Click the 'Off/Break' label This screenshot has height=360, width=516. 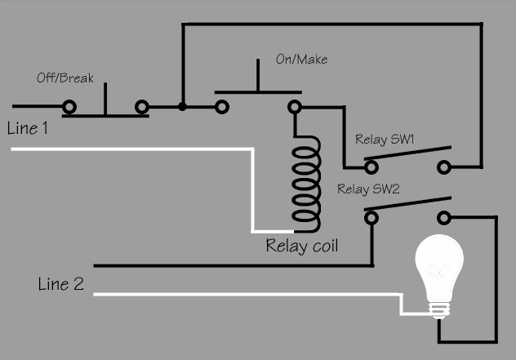(x=65, y=78)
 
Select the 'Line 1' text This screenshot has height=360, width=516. (x=28, y=128)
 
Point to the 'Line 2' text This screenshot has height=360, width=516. (x=60, y=285)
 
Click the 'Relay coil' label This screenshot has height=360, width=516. (x=302, y=245)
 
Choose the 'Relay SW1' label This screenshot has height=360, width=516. (x=385, y=140)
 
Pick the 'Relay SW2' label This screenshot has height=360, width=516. (x=369, y=189)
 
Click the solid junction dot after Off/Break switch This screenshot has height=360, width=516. (x=182, y=106)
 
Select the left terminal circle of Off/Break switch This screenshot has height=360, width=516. (x=69, y=106)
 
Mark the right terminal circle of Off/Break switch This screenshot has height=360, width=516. (x=142, y=106)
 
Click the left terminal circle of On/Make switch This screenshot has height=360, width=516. (x=221, y=106)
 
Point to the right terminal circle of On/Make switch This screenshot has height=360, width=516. (x=294, y=106)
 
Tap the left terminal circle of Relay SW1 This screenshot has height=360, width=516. (x=371, y=167)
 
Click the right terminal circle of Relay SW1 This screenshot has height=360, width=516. (x=444, y=167)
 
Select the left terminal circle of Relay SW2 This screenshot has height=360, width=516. (x=371, y=217)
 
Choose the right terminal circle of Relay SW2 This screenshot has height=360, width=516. (x=444, y=217)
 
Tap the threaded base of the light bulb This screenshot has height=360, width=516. (x=440, y=309)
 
